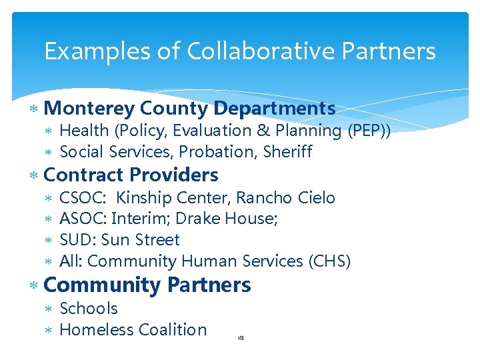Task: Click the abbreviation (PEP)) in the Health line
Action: coord(369,131)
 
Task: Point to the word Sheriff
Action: coord(288,152)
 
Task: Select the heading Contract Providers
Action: coord(130,175)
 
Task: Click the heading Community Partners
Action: coord(147,285)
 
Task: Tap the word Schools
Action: coord(89,309)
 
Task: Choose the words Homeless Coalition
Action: coord(133,330)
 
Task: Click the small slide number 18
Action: coord(241,339)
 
